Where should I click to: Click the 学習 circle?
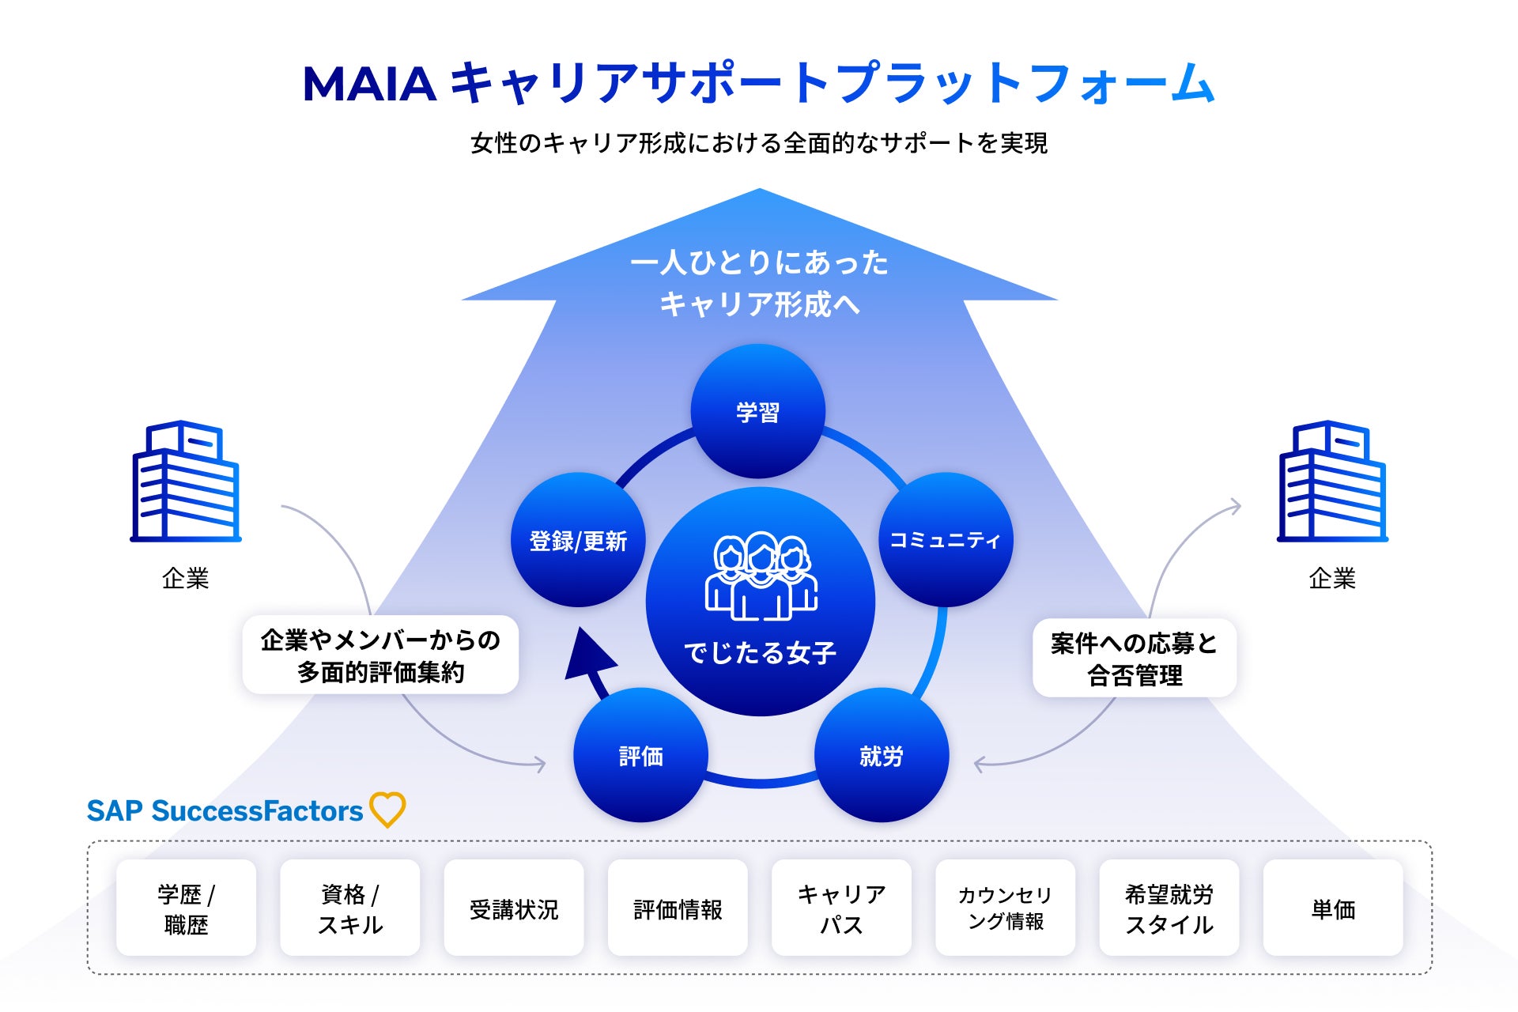click(757, 411)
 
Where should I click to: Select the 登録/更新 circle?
click(578, 540)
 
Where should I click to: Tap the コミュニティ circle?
click(945, 540)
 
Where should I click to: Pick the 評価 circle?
click(640, 755)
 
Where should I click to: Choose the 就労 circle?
click(881, 755)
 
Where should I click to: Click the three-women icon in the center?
click(761, 575)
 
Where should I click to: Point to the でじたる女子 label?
click(760, 652)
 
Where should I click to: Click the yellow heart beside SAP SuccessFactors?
click(387, 810)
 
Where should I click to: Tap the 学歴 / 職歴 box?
click(186, 908)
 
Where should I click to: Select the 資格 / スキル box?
click(349, 908)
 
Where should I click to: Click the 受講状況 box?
click(514, 908)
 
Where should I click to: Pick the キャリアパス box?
click(841, 908)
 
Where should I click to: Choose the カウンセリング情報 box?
click(1005, 908)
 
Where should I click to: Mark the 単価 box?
click(1333, 908)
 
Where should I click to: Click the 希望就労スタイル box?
click(1169, 908)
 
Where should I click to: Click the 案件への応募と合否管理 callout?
click(1135, 658)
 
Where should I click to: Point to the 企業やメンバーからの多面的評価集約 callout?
click(380, 655)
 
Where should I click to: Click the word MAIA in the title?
click(369, 84)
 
